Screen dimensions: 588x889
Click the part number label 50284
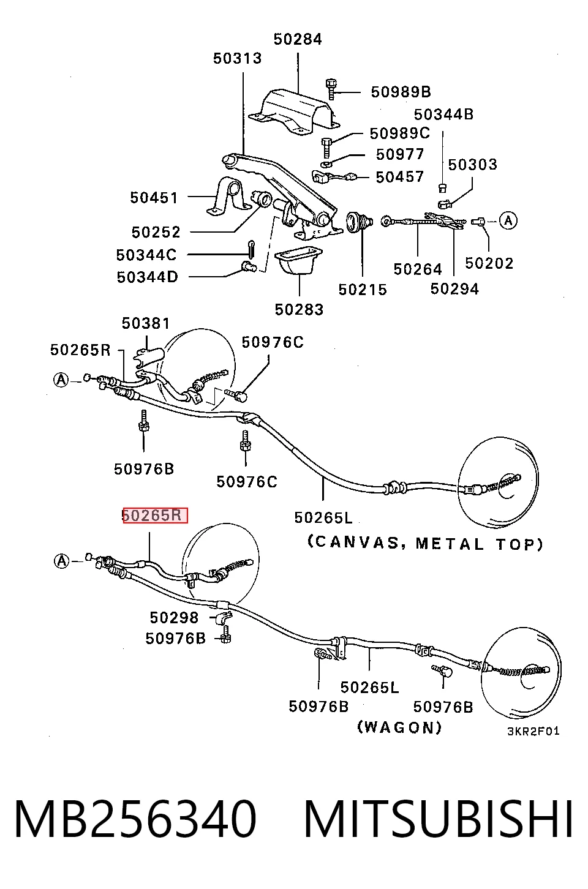pos(298,39)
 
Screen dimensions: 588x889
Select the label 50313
pos(238,58)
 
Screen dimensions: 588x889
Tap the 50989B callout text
pos(401,92)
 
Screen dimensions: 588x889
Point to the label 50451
pos(154,198)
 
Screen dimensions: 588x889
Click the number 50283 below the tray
pos(299,309)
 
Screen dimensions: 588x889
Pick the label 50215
pos(363,290)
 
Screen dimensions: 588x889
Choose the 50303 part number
pos(472,164)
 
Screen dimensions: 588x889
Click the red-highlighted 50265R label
pos(155,515)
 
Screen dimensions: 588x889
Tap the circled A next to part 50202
pos(508,220)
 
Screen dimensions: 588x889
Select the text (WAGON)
pos(399,727)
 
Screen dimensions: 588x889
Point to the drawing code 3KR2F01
pos(533,730)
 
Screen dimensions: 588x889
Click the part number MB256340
pos(135,819)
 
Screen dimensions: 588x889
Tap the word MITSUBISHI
pos(439,819)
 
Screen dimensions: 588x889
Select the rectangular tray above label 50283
pos(298,261)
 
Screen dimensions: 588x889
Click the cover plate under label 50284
pos(295,111)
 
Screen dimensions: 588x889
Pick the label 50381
pos(146,323)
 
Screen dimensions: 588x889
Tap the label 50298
pos(174,618)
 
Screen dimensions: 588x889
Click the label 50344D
pos(147,277)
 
